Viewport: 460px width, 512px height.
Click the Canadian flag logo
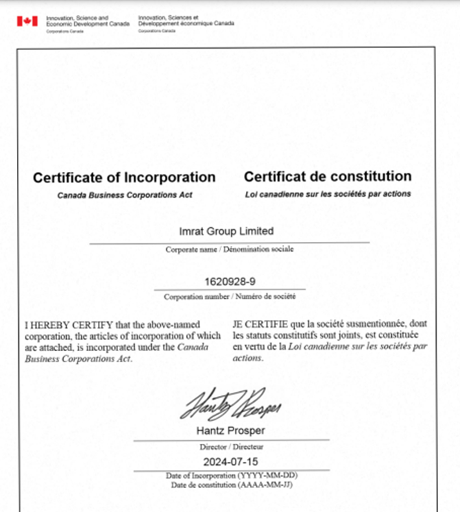click(x=27, y=21)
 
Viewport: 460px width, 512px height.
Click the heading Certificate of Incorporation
click(x=124, y=177)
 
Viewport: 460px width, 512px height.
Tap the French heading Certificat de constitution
click(x=327, y=177)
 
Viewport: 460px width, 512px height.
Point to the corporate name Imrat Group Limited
click(x=226, y=231)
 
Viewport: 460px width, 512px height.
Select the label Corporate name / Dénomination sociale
click(x=229, y=249)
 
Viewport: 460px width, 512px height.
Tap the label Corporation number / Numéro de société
click(x=230, y=297)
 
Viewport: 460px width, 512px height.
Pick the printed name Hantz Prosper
click(x=230, y=432)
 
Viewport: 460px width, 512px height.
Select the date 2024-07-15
click(x=230, y=463)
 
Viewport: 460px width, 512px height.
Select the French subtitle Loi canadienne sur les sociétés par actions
click(x=328, y=194)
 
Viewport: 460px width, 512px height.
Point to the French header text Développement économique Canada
click(x=186, y=23)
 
